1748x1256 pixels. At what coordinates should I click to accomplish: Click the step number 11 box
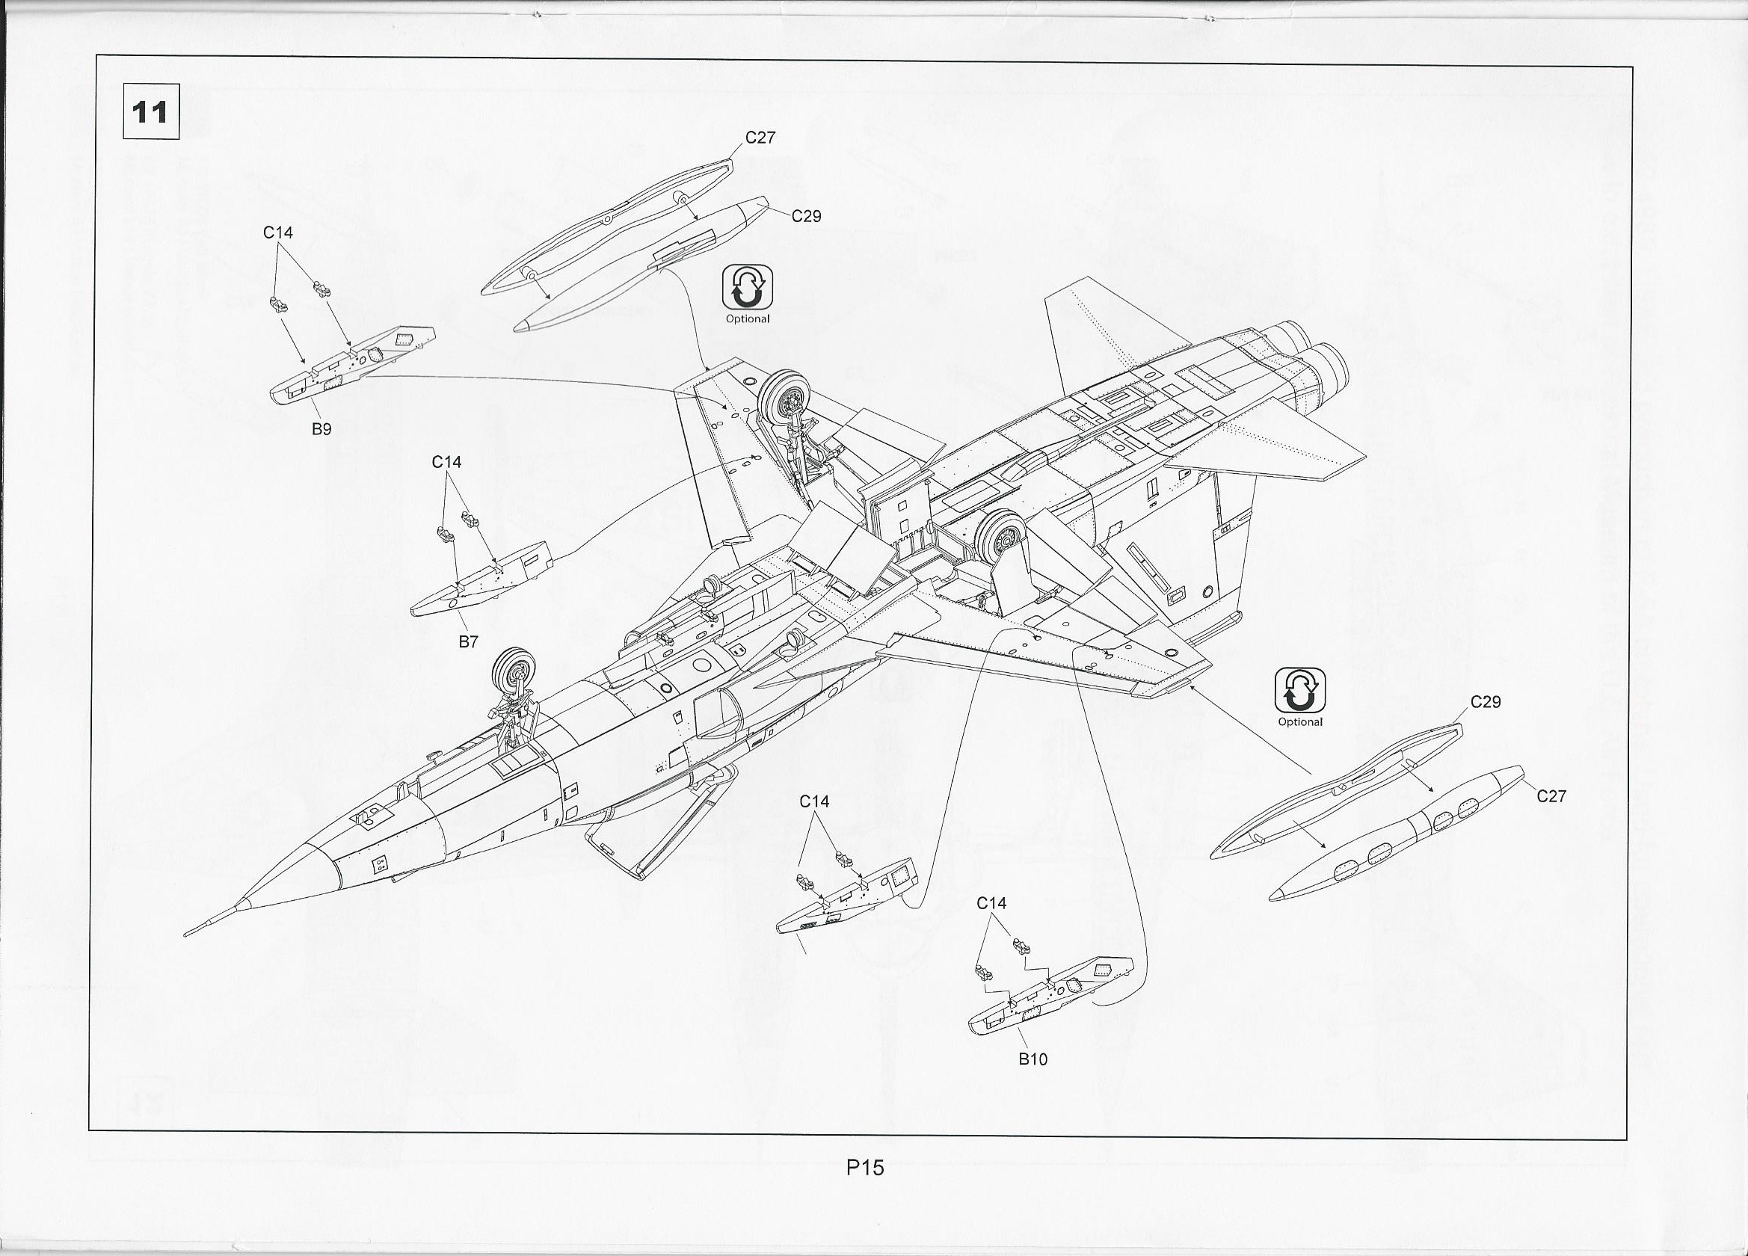(151, 111)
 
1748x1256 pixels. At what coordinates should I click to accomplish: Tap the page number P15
(865, 1167)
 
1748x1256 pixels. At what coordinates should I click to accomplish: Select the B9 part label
(321, 429)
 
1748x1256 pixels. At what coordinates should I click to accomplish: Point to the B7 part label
(469, 641)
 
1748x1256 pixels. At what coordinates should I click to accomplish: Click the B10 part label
(1033, 1059)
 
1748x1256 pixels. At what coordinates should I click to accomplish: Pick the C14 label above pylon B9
(278, 232)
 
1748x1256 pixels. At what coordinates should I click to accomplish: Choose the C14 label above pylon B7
(446, 461)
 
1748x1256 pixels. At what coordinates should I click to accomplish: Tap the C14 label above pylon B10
(991, 902)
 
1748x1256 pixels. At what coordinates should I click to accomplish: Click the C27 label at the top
(760, 137)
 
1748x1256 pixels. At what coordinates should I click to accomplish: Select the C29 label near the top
(806, 216)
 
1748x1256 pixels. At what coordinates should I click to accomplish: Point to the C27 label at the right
(1551, 796)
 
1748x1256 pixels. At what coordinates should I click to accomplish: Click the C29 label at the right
(1485, 702)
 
